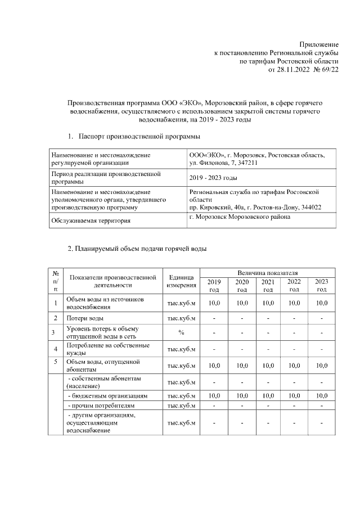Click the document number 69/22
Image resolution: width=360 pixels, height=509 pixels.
(328, 70)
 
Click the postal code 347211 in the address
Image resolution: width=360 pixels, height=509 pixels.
(247, 163)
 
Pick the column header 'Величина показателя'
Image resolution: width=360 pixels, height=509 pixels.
(267, 272)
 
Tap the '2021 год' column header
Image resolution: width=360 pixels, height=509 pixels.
(268, 285)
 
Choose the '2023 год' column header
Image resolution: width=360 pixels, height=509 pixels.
(321, 285)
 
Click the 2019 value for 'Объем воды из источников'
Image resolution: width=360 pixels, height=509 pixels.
(214, 303)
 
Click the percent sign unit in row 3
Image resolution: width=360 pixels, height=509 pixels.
(181, 332)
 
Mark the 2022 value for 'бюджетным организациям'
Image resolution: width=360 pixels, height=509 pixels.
(294, 396)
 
